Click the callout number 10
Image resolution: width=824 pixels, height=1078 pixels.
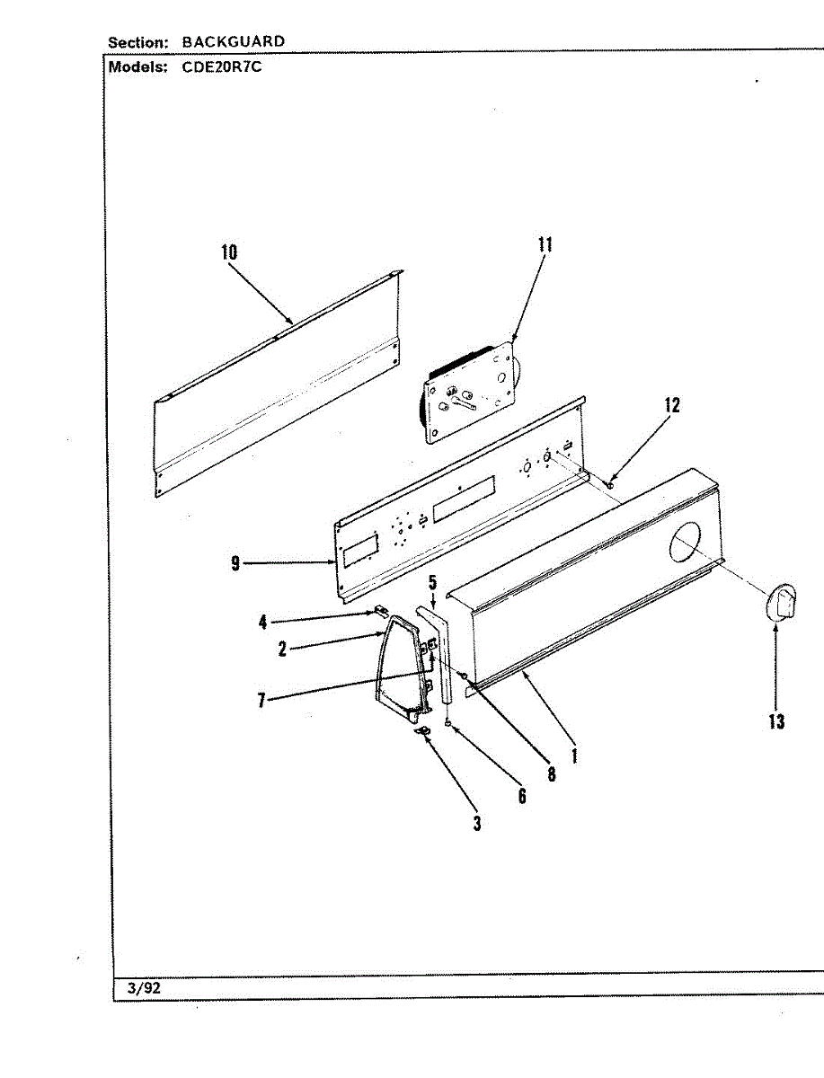230,252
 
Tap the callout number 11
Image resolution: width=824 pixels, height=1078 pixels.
545,245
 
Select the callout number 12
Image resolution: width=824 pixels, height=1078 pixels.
672,404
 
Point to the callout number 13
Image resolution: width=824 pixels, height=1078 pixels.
776,720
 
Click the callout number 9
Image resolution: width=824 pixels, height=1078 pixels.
235,564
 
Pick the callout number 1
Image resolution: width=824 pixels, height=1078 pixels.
574,755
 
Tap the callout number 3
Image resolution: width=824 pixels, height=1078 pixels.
477,823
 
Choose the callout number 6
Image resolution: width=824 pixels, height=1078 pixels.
522,795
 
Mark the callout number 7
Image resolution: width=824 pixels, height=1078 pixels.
261,700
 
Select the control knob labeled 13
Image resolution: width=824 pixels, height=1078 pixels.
782,601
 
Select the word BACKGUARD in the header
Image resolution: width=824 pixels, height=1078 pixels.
233,41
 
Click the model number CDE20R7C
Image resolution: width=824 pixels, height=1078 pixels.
222,67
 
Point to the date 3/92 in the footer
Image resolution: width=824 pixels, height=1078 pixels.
144,988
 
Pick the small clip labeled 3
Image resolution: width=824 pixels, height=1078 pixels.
422,733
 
